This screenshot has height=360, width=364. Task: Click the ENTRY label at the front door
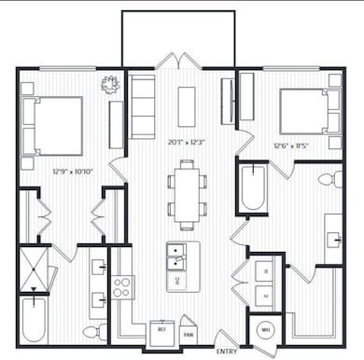[227, 351]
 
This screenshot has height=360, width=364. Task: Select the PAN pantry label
[189, 333]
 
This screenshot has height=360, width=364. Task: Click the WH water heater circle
[264, 329]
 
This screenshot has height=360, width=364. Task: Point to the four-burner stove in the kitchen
[123, 286]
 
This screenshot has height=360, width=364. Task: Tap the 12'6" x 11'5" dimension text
[290, 145]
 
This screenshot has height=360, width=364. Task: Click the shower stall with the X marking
[35, 266]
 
